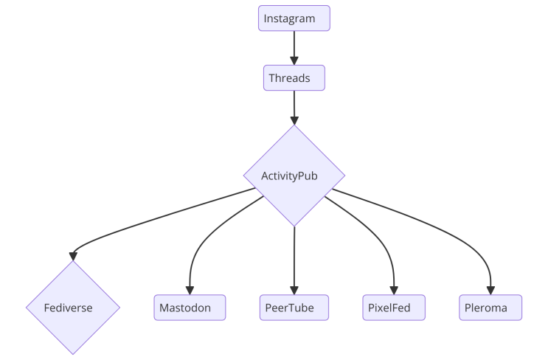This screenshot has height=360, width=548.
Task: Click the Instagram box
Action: (x=294, y=18)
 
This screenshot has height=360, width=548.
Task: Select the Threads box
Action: (x=294, y=77)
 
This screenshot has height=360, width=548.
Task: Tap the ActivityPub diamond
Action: (x=294, y=176)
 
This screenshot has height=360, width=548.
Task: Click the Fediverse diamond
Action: (x=72, y=308)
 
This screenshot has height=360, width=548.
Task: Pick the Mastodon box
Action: (x=190, y=308)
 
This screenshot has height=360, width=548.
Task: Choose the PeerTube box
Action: (x=294, y=308)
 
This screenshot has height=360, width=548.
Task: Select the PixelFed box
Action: (x=395, y=308)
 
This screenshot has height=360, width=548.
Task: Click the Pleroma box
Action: (x=490, y=308)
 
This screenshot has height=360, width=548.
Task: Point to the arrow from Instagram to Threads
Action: (x=294, y=46)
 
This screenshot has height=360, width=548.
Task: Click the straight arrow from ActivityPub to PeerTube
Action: (x=294, y=258)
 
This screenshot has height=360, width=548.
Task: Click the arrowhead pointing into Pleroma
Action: (x=490, y=290)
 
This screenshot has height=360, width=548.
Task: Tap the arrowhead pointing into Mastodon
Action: (x=190, y=290)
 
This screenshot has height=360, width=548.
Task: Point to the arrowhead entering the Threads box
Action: (x=294, y=60)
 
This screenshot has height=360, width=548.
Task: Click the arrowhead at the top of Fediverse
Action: (x=72, y=255)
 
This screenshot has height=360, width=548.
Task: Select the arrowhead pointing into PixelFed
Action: (x=395, y=290)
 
